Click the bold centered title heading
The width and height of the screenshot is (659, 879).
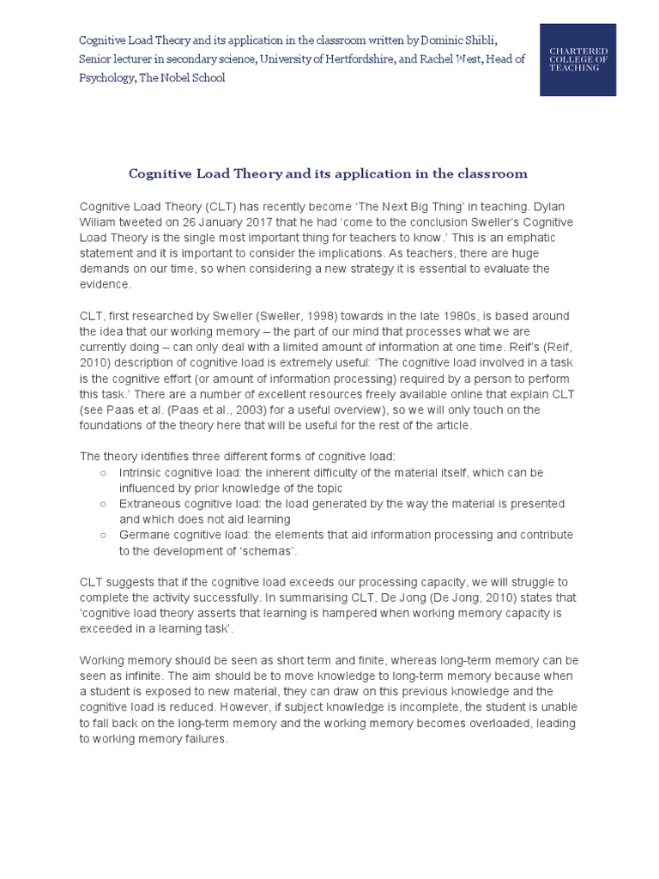[328, 173]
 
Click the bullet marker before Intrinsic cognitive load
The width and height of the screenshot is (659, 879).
[103, 473]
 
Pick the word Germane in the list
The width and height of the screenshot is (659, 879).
[143, 535]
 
